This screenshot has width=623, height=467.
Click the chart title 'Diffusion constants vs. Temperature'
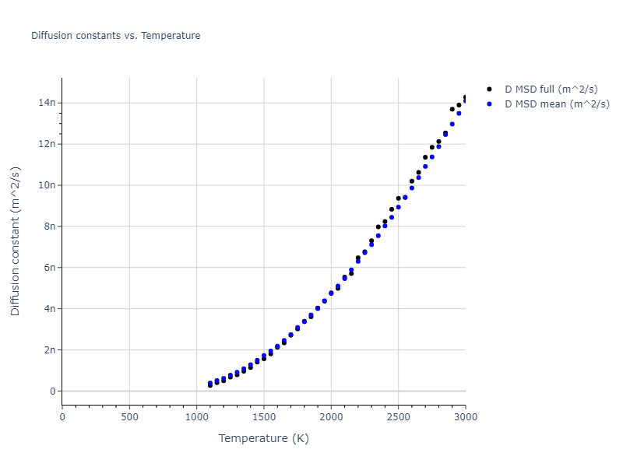click(x=115, y=36)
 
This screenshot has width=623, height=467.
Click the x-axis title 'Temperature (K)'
click(x=263, y=439)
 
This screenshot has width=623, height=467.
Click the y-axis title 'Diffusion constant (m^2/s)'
click(x=16, y=241)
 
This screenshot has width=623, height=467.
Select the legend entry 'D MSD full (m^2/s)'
click(x=551, y=90)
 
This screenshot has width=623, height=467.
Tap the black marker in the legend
click(x=489, y=90)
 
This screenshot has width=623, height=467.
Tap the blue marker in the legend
click(x=489, y=104)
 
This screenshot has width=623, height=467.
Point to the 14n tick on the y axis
click(x=48, y=103)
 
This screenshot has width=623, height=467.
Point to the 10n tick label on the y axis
click(x=48, y=185)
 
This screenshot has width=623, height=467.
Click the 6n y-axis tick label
click(x=49, y=268)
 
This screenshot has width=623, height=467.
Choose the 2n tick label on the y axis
click(x=49, y=350)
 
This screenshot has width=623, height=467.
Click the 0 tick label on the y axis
click(x=51, y=392)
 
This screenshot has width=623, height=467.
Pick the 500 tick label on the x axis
click(x=129, y=416)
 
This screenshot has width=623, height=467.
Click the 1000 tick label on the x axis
click(x=196, y=416)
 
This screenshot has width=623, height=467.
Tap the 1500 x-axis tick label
click(x=264, y=416)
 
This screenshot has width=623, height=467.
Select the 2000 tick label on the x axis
click(x=331, y=416)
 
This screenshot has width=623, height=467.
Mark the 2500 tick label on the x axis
click(x=398, y=416)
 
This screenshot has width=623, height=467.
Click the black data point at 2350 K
click(x=378, y=227)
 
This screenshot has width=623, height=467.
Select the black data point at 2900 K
click(x=452, y=109)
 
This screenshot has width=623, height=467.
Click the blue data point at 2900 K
click(x=452, y=124)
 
